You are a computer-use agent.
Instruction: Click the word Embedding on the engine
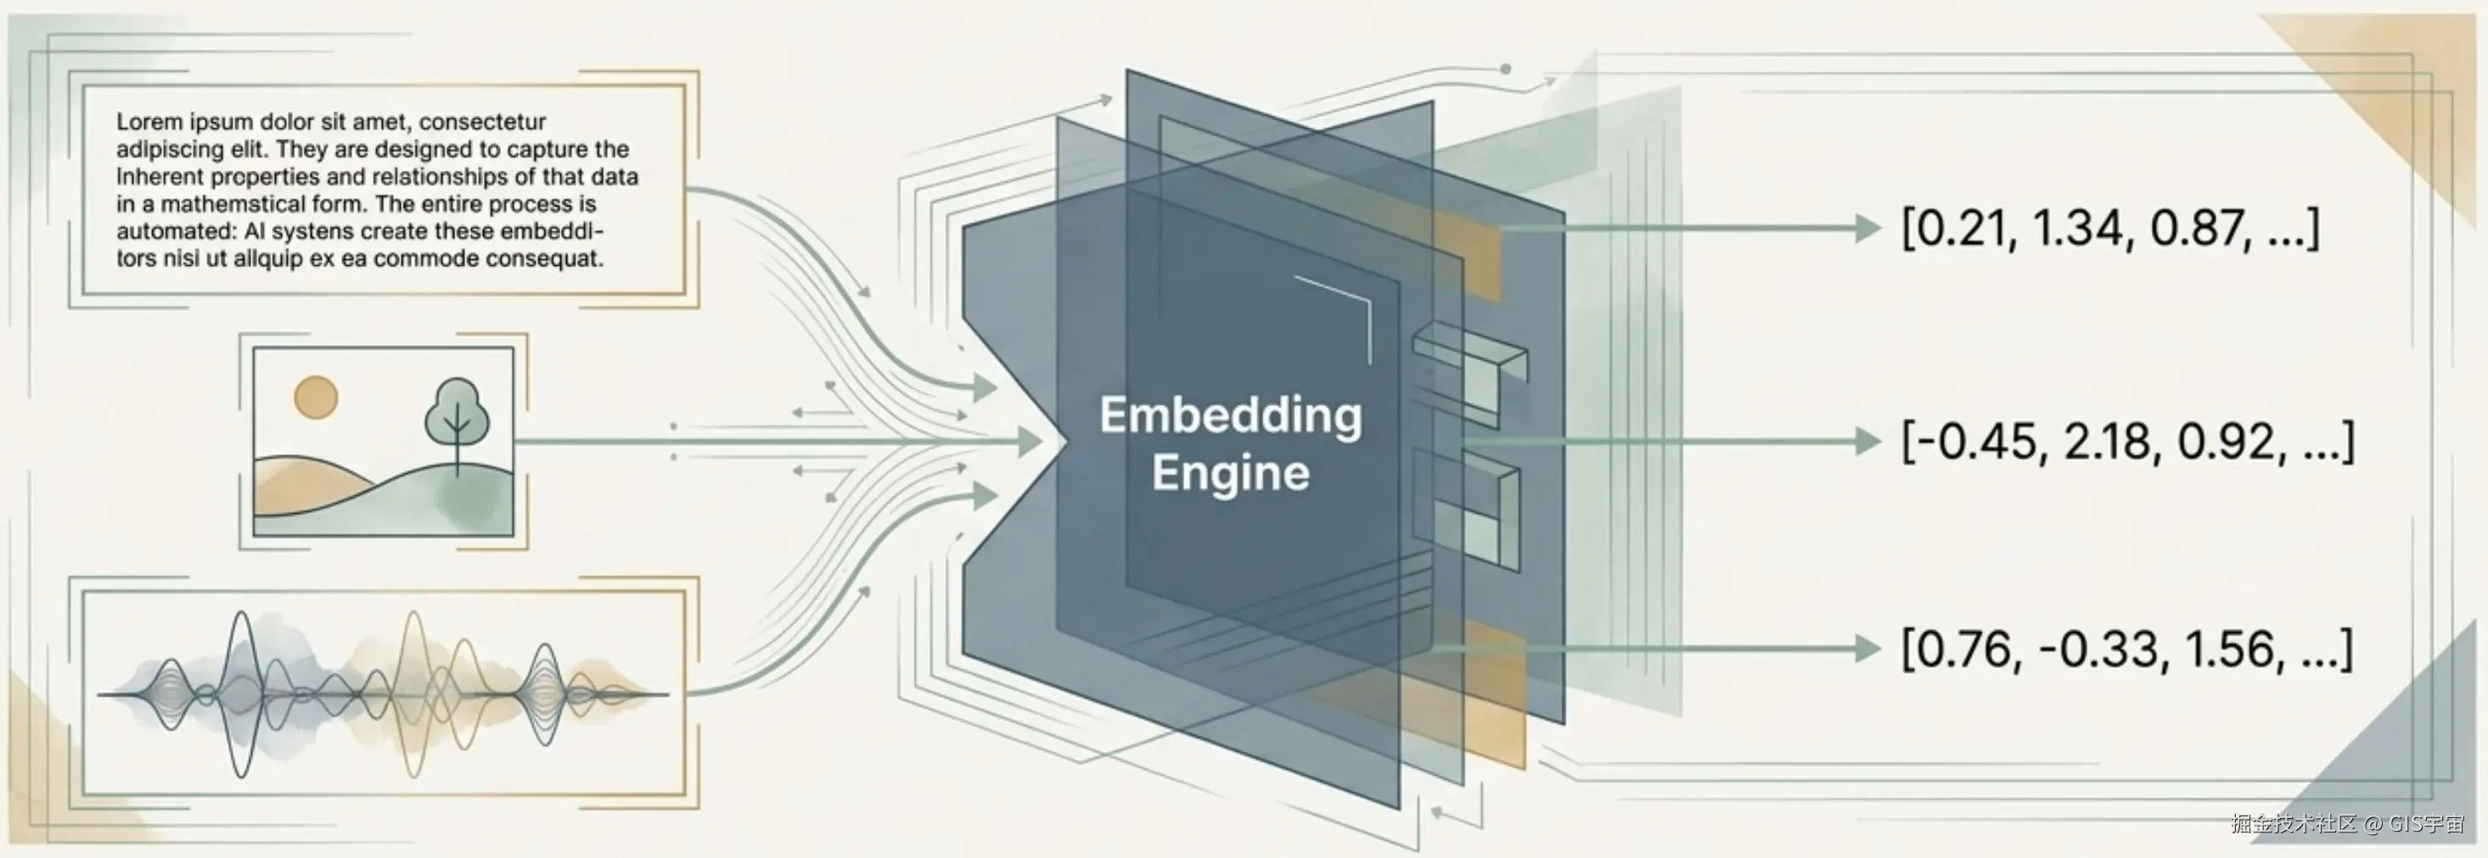click(1231, 415)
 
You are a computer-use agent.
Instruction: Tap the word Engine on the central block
click(1231, 473)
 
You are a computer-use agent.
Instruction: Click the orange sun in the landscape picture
click(316, 397)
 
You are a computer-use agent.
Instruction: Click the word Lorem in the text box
click(149, 121)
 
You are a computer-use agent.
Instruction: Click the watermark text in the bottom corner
click(2347, 824)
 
